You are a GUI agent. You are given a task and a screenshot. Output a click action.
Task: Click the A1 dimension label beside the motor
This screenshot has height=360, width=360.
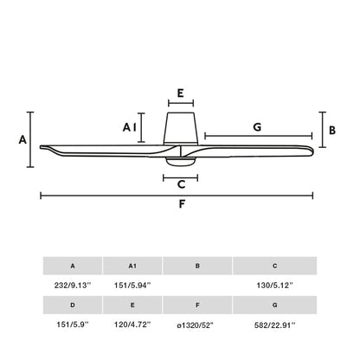(130, 127)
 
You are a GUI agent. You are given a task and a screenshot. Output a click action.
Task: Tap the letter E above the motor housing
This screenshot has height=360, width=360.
(179, 93)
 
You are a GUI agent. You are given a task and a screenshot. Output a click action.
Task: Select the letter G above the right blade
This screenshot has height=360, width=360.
(257, 126)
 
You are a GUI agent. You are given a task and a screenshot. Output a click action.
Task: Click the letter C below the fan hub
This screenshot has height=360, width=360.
(180, 183)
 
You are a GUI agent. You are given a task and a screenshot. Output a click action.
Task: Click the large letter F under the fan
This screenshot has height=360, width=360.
(181, 205)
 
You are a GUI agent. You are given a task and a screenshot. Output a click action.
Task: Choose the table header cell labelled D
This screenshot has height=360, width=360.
(73, 305)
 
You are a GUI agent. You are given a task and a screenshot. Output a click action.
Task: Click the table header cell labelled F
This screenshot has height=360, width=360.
(197, 305)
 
